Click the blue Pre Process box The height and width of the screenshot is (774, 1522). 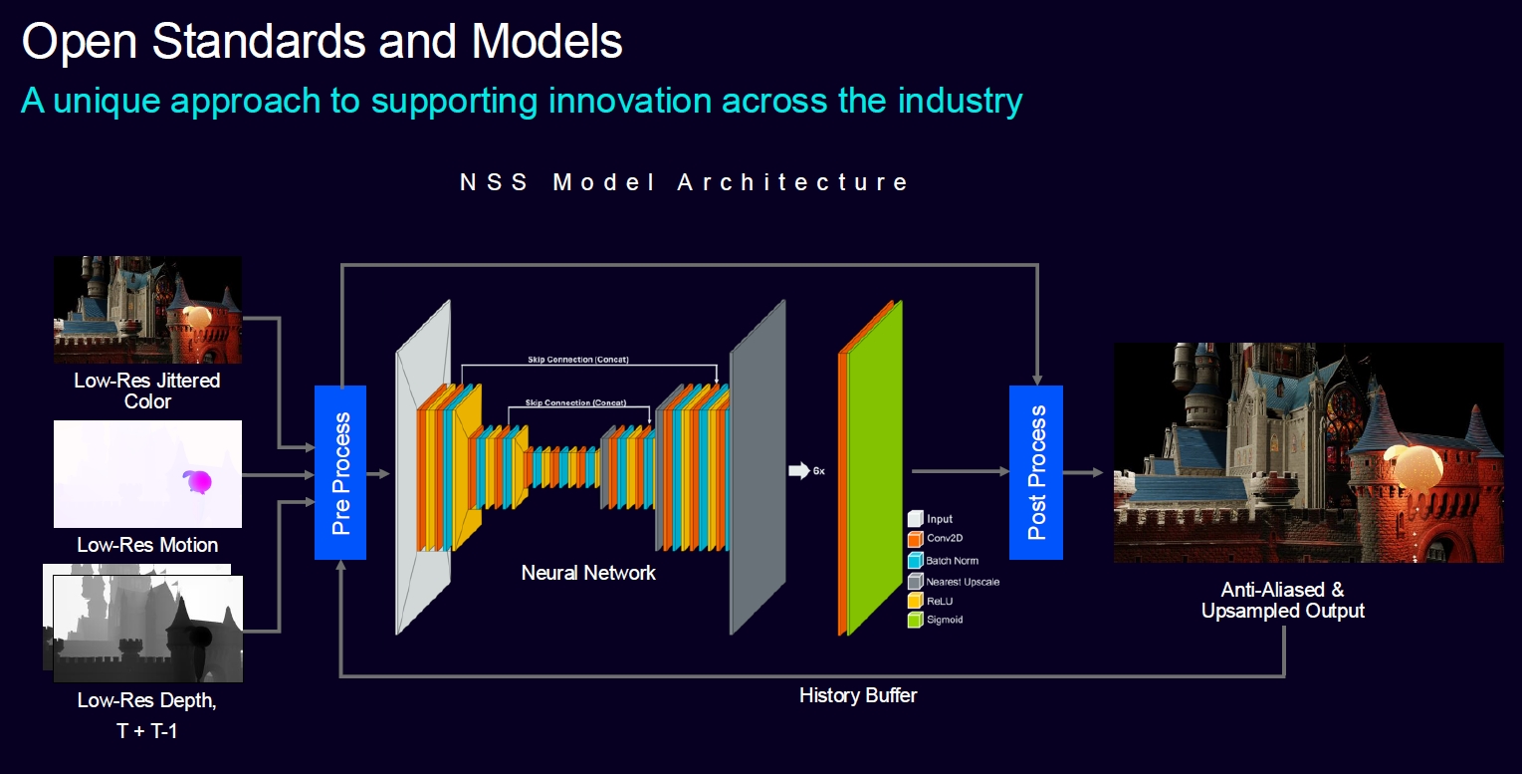[x=340, y=473]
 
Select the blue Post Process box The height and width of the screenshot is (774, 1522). [x=1035, y=473]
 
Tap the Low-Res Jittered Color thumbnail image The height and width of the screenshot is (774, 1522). [x=147, y=310]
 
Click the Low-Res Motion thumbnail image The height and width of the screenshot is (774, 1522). [x=147, y=474]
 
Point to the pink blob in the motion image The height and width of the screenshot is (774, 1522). [x=198, y=481]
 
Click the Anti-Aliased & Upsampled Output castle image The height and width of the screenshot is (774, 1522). [x=1309, y=452]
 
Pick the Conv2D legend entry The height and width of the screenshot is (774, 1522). [x=936, y=538]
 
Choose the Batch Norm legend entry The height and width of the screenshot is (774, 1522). [x=943, y=561]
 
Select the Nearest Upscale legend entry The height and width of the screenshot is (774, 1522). [x=954, y=582]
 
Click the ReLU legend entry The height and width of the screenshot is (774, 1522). [x=930, y=601]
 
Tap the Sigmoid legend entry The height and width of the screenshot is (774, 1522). [x=936, y=620]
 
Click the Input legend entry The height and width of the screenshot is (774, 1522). [x=930, y=519]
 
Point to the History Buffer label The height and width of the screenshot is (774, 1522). [x=858, y=695]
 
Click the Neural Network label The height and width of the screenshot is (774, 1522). [x=588, y=573]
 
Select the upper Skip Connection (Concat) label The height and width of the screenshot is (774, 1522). [x=578, y=360]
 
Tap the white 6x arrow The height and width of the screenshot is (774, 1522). [x=799, y=470]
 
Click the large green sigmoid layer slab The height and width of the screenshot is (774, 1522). [x=875, y=469]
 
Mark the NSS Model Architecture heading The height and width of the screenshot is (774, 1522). [x=684, y=182]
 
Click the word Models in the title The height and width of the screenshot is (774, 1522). [x=546, y=42]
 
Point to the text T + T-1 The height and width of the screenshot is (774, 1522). [x=146, y=731]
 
